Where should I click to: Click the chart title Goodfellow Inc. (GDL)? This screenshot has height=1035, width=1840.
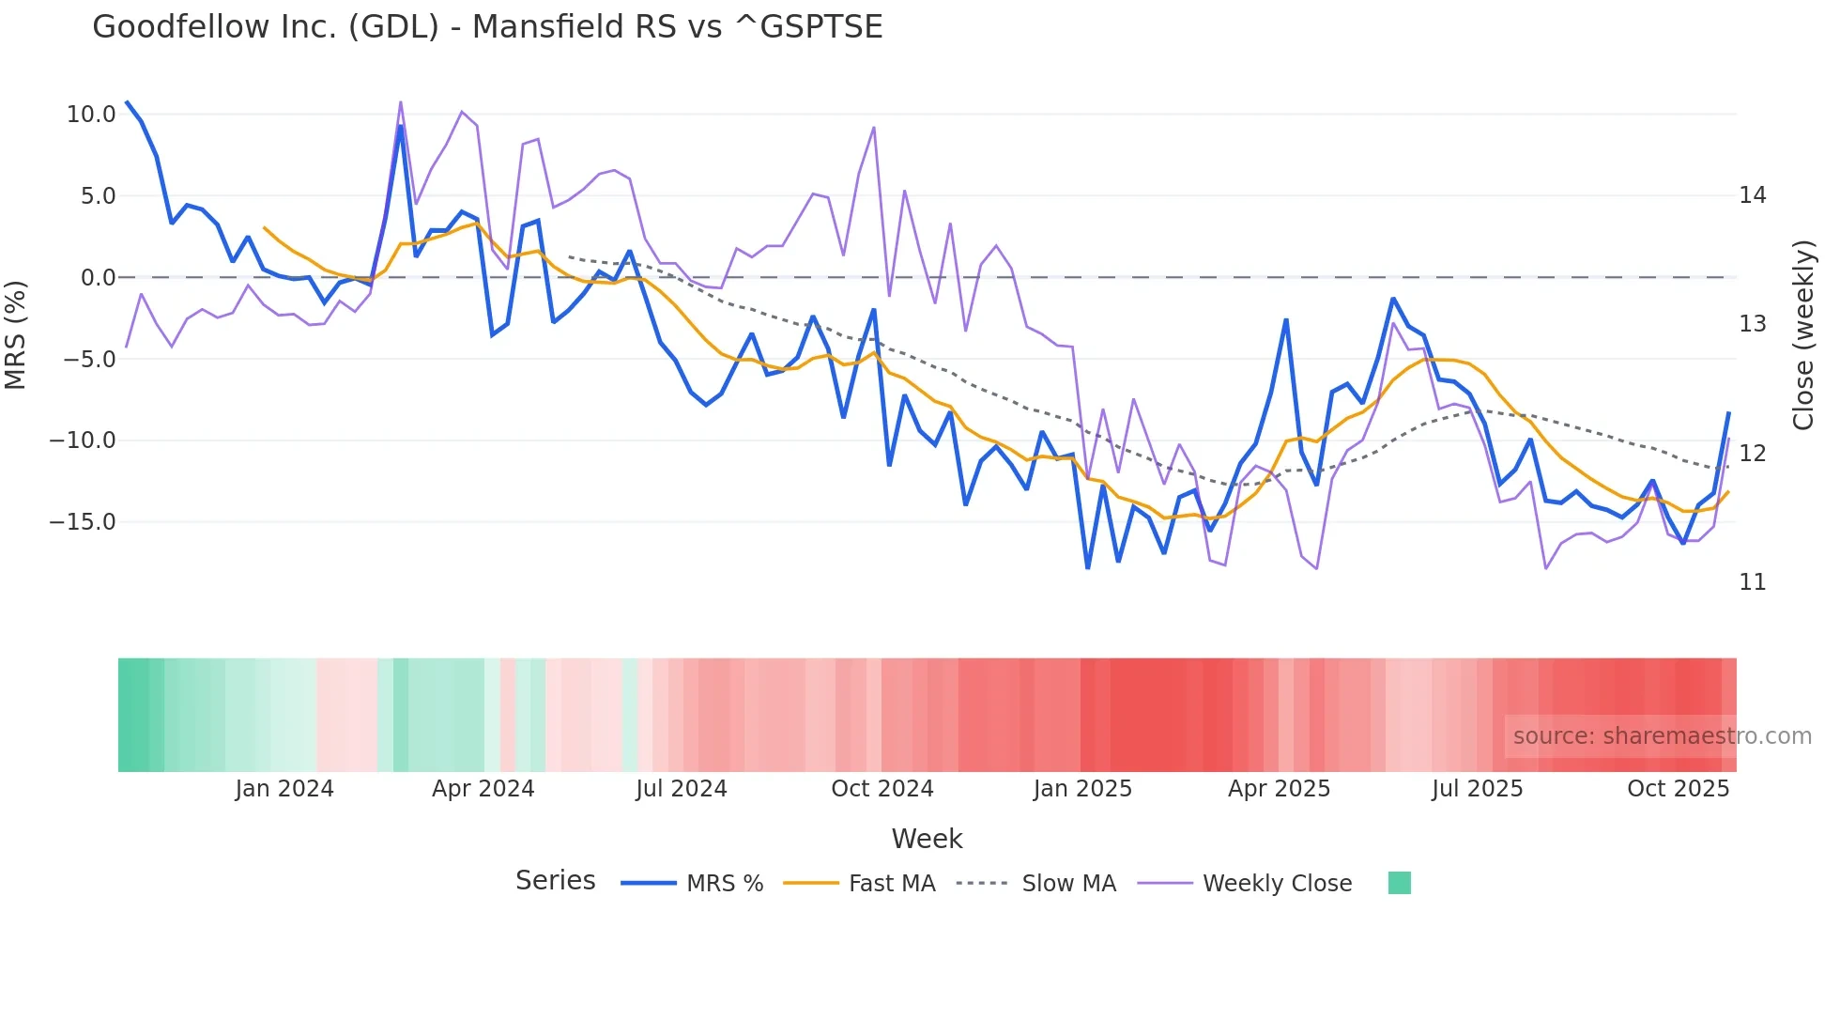(487, 27)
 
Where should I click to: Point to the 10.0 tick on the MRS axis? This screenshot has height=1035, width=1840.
(91, 115)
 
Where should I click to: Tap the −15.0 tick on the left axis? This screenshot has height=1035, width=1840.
(83, 522)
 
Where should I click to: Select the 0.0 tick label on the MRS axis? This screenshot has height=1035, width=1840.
(98, 278)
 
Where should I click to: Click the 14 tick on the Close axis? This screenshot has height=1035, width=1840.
(1752, 195)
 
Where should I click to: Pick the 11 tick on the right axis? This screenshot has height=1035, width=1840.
(1752, 582)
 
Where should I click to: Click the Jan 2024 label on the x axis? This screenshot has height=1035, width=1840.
(284, 789)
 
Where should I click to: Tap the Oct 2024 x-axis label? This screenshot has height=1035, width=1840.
(882, 789)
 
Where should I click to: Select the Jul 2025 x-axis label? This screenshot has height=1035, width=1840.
(1477, 789)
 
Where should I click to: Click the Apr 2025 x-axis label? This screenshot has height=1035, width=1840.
(1279, 789)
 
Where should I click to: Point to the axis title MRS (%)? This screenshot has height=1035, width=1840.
(16, 334)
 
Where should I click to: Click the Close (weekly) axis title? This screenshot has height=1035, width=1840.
(1802, 335)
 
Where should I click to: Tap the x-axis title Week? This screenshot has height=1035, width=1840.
(927, 839)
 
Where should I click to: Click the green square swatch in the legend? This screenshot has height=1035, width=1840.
(1399, 883)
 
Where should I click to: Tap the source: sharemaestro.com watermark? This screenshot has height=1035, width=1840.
(1662, 736)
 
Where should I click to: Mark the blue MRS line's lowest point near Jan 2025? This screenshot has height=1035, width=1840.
(1088, 567)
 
